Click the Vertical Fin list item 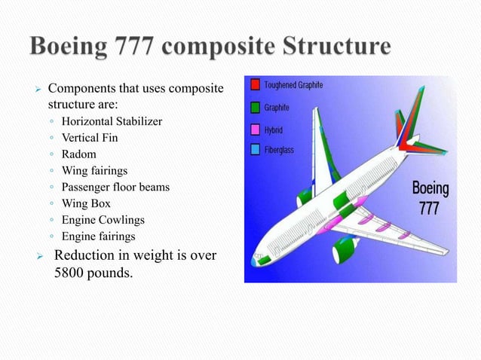coord(90,137)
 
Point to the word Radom coord(79,154)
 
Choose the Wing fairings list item coord(95,170)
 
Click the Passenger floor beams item coord(115,187)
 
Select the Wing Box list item coord(87,203)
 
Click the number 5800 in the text coord(72,272)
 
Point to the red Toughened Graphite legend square coord(256,85)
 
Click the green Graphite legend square coord(256,108)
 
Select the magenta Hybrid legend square coord(256,129)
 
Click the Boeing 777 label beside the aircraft coord(430,197)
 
